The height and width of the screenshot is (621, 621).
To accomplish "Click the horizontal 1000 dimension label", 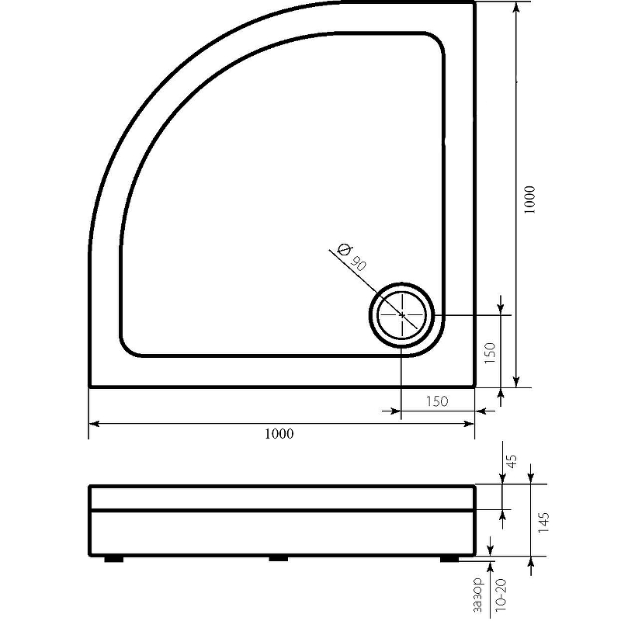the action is pyautogui.click(x=279, y=434).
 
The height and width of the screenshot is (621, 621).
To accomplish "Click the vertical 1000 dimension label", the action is pyautogui.click(x=529, y=200).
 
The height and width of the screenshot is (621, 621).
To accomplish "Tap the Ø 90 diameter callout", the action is pyautogui.click(x=351, y=257).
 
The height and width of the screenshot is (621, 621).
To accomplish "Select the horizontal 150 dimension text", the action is pyautogui.click(x=437, y=401).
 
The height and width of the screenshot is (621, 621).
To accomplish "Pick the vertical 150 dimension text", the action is pyautogui.click(x=490, y=353).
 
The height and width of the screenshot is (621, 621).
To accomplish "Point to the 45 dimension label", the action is pyautogui.click(x=512, y=461).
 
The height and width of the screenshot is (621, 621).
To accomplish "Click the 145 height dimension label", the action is pyautogui.click(x=543, y=522).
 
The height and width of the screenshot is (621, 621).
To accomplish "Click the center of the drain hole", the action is pyautogui.click(x=402, y=315).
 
